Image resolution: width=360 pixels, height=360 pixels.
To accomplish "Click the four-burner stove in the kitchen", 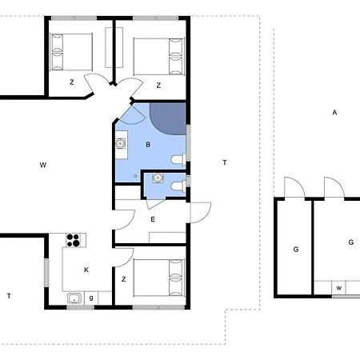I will pos(74,241).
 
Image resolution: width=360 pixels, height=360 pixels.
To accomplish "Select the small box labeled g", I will pos(91,298).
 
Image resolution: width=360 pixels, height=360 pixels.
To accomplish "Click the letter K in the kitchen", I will pos(86,270).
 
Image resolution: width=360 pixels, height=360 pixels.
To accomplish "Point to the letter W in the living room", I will pos(42,165).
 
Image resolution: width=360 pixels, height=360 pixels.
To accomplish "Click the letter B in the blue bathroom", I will pos(148,145).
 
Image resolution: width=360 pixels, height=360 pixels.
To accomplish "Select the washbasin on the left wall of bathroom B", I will pos(122,145).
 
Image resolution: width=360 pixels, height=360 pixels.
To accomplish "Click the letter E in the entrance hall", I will pos(152,218).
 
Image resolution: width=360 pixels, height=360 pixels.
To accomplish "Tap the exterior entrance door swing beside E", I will pos(200,213).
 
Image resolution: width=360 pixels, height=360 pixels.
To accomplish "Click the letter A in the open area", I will pos(334,113).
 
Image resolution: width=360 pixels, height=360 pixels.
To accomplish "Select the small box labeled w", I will pos(339,288).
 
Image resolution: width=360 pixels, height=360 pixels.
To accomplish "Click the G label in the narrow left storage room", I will pos(296,250).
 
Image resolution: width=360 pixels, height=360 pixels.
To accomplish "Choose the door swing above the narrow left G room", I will pos(294,189).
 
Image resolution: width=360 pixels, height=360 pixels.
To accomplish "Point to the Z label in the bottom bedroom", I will pos(124,279).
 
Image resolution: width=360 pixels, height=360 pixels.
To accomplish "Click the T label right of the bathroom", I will pos(225,162).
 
